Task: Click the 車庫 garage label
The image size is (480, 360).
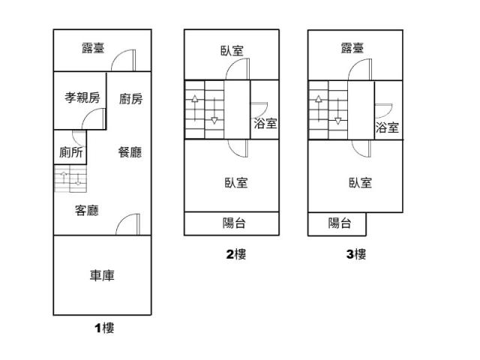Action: [102, 275]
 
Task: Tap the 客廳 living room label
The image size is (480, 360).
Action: [87, 211]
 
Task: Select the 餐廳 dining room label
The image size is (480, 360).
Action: [130, 152]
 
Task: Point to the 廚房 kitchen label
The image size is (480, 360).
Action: [130, 99]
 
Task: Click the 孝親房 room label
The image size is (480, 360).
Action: [82, 97]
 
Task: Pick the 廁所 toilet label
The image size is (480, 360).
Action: [70, 152]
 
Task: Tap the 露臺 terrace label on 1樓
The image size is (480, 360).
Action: [93, 48]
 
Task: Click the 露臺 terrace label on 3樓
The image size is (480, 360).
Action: [352, 48]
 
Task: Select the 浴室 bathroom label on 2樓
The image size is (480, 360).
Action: [265, 123]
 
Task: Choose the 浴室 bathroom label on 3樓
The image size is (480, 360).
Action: [387, 127]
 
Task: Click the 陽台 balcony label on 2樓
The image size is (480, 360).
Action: [234, 223]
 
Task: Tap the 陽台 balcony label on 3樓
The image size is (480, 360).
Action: [340, 223]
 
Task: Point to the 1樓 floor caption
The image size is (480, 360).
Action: [104, 328]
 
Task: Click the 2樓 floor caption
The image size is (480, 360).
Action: [236, 254]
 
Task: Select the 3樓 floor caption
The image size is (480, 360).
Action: [356, 254]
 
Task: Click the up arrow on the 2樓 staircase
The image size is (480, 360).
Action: [195, 108]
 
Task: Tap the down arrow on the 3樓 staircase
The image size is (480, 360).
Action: [337, 112]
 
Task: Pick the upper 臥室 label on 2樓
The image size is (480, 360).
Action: [232, 51]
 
